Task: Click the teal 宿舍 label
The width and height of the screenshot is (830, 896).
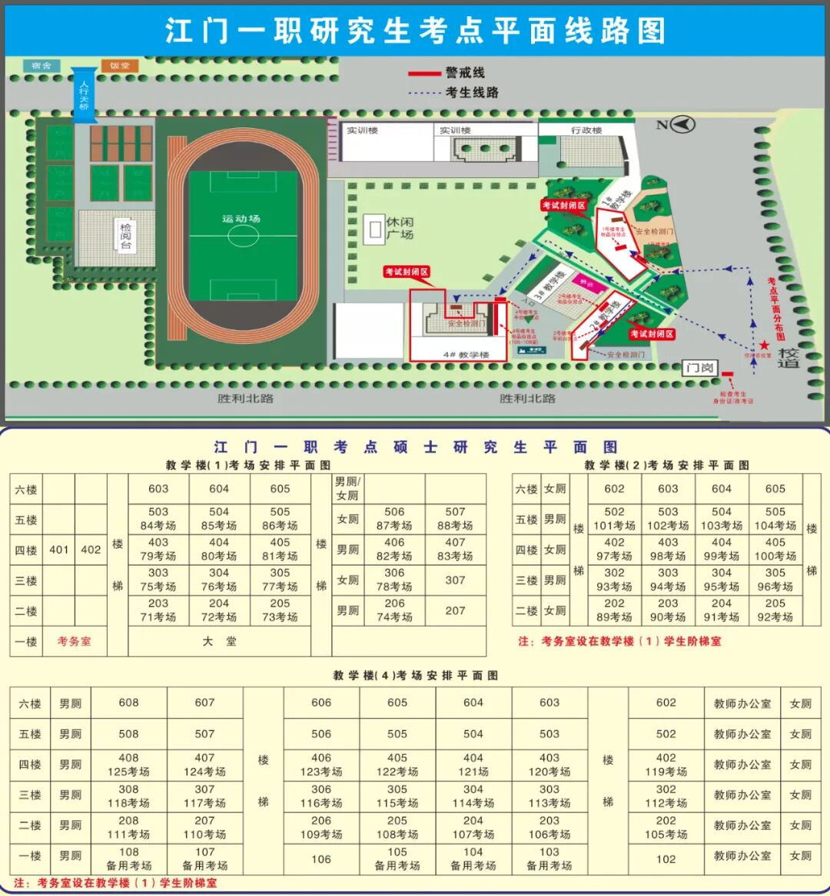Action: pos(41,66)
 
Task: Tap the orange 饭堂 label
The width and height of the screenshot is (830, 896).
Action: pos(119,66)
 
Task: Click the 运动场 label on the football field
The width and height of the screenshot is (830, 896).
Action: pos(241,219)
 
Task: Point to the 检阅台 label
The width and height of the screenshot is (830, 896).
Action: pos(124,236)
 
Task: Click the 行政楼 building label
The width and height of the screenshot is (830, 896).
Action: pos(586,131)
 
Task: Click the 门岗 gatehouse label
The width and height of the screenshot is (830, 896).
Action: pos(699,368)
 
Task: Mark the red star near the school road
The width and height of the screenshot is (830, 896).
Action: pos(764,346)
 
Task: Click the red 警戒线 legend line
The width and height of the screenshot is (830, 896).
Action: pos(423,74)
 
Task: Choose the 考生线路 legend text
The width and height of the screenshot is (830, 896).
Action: pos(472,92)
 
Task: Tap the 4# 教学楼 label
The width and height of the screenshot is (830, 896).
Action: pos(466,355)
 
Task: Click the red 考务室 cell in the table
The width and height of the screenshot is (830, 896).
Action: pos(74,641)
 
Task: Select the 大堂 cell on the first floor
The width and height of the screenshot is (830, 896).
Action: pos(220,641)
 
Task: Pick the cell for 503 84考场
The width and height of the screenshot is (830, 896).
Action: pos(158,519)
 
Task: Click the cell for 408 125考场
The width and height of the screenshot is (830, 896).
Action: pos(128,765)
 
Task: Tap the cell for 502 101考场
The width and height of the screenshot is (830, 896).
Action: pos(614,519)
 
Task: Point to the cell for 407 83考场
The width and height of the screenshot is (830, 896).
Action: pos(455,549)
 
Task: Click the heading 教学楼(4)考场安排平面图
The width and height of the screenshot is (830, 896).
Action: pos(415,676)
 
